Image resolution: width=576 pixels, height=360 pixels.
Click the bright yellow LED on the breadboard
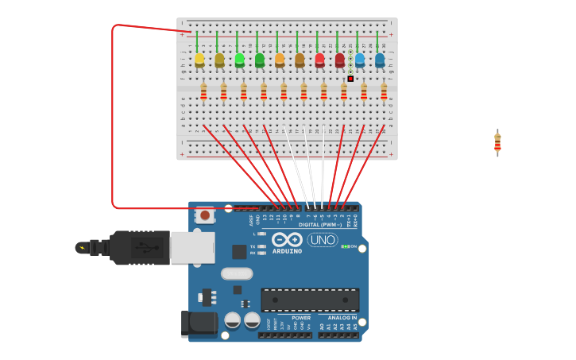[x=199, y=60]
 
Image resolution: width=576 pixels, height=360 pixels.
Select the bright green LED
[x=240, y=60]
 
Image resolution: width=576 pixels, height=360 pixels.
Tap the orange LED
[x=280, y=60]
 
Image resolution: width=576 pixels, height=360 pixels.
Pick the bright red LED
[x=319, y=60]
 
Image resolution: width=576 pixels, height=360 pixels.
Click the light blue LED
[x=360, y=60]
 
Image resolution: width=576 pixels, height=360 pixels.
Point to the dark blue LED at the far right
[x=380, y=60]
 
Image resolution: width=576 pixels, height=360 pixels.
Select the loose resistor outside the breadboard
[x=497, y=142]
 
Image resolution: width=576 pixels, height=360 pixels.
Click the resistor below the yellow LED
[x=203, y=93]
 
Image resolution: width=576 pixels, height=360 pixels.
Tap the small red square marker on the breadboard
[x=350, y=79]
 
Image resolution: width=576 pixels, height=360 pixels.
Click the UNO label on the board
[x=322, y=239]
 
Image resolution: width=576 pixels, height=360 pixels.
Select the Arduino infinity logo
[x=286, y=239]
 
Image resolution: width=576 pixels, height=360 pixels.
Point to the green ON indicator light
[x=345, y=246]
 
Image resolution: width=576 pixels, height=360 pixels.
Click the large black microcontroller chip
[x=310, y=300]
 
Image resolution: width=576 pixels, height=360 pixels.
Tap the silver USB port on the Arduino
[x=191, y=247]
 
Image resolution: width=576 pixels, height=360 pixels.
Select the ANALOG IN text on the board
[x=342, y=317]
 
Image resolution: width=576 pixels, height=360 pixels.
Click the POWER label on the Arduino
[x=301, y=317]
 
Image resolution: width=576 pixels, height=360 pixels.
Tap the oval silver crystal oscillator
[x=236, y=273]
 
